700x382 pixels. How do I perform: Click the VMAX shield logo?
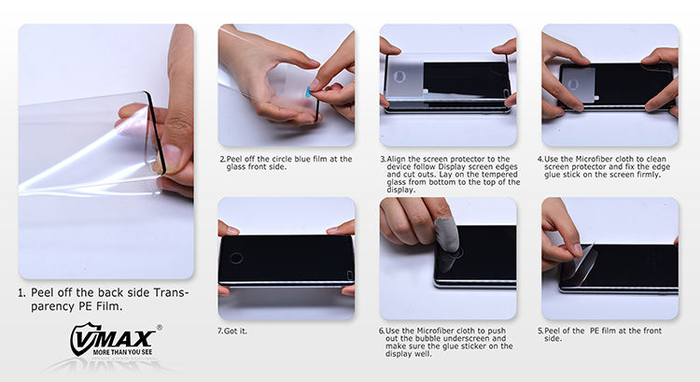[113, 340]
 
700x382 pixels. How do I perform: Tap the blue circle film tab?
[309, 92]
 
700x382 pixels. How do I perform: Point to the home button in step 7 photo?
[236, 258]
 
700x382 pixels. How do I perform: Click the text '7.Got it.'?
[231, 331]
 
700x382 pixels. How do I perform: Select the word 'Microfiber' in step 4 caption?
[593, 159]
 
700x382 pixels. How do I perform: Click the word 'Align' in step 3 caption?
[396, 159]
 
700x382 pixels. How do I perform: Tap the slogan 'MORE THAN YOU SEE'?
[122, 352]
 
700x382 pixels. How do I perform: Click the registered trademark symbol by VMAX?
[160, 328]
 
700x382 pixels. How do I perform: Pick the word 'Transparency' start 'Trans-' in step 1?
[172, 292]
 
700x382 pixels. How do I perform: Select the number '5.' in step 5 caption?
[540, 331]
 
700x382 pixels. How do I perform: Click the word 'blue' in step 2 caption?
[303, 159]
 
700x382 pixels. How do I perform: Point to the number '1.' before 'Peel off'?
[21, 293]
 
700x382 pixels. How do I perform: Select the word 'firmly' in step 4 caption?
[647, 175]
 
